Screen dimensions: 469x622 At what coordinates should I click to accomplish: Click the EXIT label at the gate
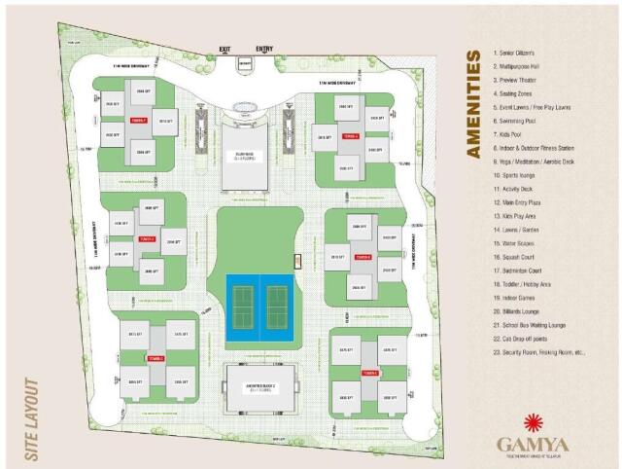[225, 48]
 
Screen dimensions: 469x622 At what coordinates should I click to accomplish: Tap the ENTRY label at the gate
[264, 48]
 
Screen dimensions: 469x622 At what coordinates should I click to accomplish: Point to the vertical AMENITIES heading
[474, 103]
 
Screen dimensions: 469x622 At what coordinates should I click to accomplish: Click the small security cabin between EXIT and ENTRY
[245, 64]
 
